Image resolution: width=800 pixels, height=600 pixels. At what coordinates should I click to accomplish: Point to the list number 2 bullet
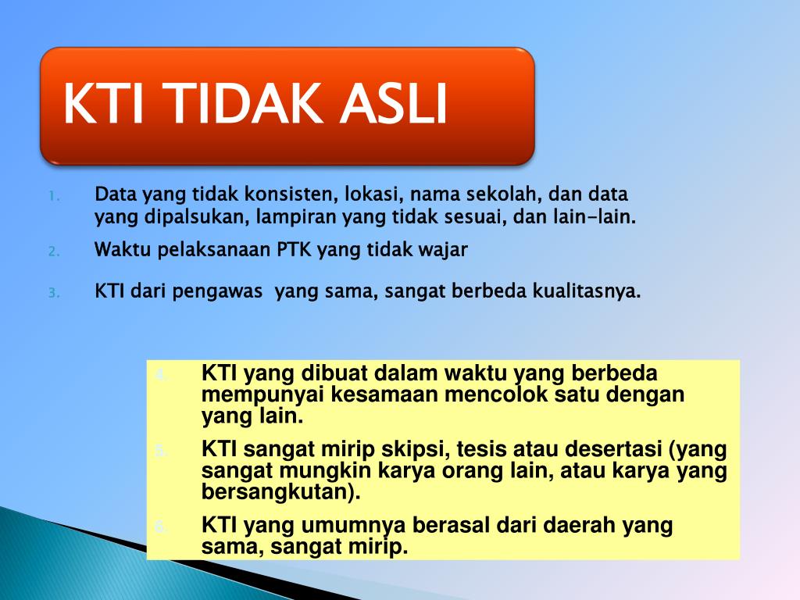pos(52,252)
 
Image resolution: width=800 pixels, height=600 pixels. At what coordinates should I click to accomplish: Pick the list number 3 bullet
pos(52,294)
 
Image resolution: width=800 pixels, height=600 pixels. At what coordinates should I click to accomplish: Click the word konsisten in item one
pos(284,194)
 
